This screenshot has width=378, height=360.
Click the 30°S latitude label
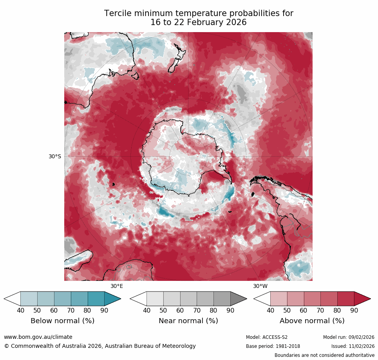point(55,156)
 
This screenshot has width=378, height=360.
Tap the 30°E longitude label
point(116,286)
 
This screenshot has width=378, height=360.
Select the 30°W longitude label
point(260,286)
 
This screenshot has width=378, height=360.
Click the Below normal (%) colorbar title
point(62,321)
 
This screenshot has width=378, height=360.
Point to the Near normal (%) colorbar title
point(188,321)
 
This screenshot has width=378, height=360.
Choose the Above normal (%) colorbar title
point(312,321)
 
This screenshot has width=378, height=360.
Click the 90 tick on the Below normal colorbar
point(104,311)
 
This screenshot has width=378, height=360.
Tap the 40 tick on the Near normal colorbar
point(146,311)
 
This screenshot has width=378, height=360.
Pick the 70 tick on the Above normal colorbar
point(320,311)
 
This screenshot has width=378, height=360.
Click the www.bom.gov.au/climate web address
point(38,337)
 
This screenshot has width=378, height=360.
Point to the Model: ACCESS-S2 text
point(267,337)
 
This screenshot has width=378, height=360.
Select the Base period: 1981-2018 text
point(273,346)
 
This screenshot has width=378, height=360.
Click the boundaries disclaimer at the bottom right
point(324,355)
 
